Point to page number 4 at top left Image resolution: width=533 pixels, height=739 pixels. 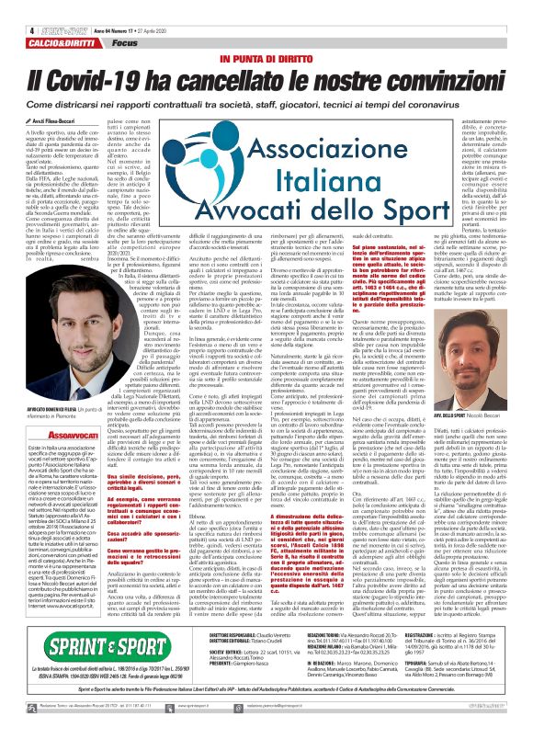(x=6, y=6)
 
